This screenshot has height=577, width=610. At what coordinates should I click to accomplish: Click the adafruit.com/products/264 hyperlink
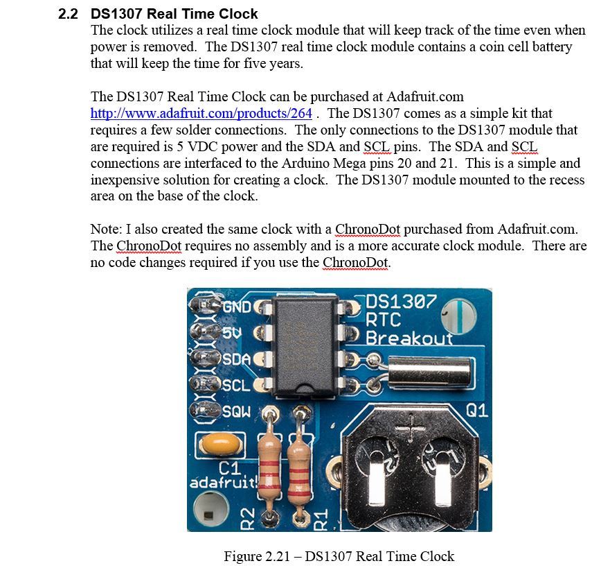click(201, 113)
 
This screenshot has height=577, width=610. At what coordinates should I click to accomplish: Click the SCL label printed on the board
click(236, 385)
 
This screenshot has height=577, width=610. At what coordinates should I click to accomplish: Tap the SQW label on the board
click(237, 411)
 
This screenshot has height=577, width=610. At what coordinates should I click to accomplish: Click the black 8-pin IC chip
click(305, 343)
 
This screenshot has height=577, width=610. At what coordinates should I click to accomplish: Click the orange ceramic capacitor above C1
click(215, 442)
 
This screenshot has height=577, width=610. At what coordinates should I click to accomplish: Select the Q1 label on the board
click(476, 411)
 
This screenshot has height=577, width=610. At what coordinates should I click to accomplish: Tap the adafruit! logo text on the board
click(223, 481)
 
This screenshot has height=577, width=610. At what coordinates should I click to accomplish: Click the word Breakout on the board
click(409, 338)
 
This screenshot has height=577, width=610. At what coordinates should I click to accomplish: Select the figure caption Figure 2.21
click(339, 556)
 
